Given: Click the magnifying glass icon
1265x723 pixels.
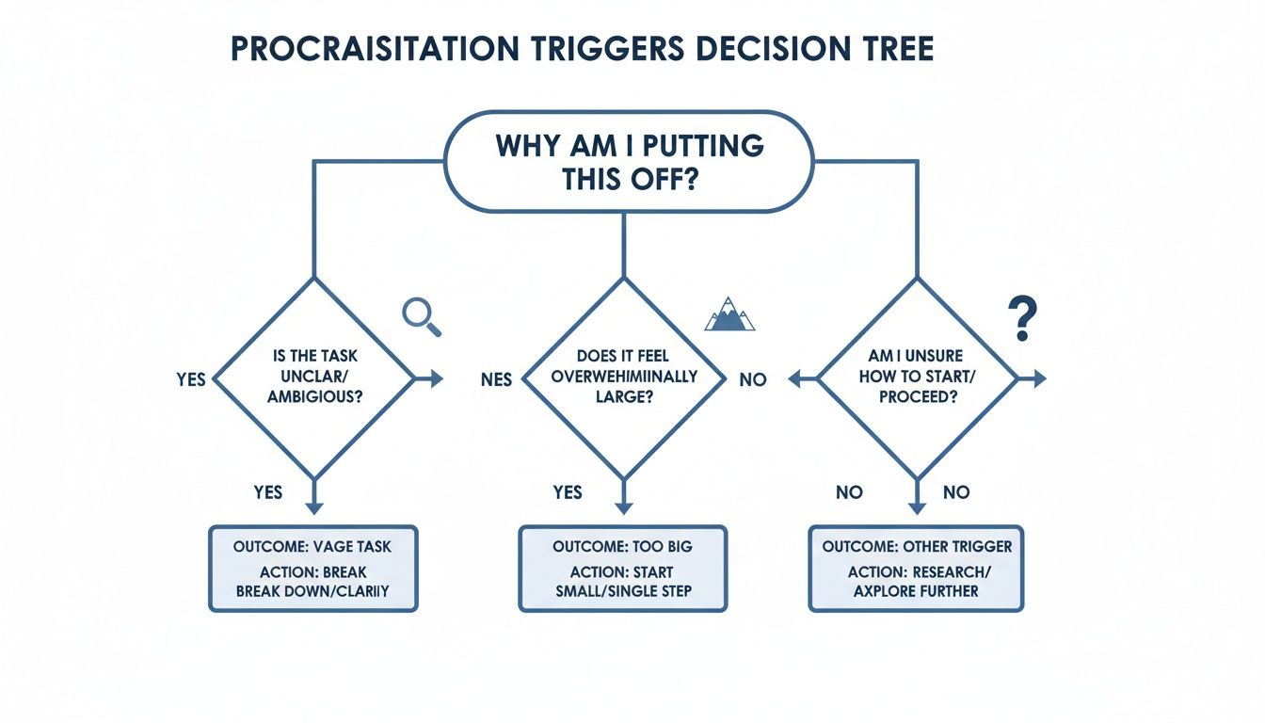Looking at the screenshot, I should [420, 315].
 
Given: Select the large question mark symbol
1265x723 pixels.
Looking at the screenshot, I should [1021, 318].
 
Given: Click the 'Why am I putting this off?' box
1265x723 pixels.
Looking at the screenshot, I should [629, 162].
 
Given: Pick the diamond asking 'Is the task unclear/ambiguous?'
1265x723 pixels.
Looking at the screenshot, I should [314, 379].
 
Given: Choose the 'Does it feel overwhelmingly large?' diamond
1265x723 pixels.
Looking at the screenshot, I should [623, 379].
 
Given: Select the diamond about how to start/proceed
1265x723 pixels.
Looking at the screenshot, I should [917, 379].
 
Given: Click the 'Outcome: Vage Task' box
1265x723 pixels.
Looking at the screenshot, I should [312, 569].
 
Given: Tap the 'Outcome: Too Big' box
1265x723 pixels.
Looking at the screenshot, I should [623, 569].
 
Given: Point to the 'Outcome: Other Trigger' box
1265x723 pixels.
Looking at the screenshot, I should [916, 569].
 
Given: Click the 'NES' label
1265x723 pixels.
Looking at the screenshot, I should [496, 379].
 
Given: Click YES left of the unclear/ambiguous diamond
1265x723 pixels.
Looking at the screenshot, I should [190, 379].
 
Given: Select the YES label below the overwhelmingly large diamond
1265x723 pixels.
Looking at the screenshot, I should [568, 492].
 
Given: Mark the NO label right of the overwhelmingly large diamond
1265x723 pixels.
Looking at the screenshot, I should [753, 379].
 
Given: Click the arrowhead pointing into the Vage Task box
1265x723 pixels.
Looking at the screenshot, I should [314, 509].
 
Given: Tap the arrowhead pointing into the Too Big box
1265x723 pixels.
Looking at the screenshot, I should [623, 509].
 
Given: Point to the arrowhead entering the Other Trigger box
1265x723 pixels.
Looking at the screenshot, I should [917, 509].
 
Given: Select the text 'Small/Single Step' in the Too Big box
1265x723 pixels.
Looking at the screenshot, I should [623, 592].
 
